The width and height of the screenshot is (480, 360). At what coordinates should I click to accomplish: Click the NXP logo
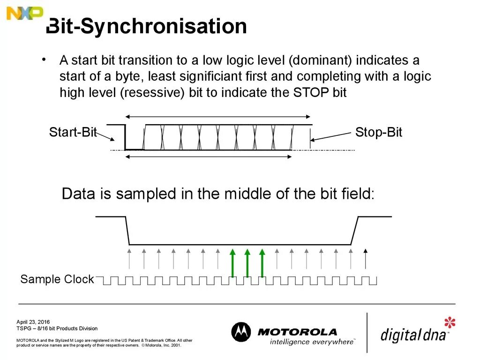coord(24,14)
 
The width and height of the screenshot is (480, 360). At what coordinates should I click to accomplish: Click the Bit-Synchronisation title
coord(147,27)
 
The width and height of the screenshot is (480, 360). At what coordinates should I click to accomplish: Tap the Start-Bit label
coord(73,133)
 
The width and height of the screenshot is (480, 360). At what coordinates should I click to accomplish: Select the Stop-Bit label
coord(378,132)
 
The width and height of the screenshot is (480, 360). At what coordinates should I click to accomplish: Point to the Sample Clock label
coord(57,280)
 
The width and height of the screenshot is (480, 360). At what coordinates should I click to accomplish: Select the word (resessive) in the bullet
coord(153,93)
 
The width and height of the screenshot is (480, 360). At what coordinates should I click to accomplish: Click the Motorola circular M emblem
coord(241,332)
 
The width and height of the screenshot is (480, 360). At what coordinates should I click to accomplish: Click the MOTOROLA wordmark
coord(297,332)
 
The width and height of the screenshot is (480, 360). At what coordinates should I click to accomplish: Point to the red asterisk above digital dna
coord(450,323)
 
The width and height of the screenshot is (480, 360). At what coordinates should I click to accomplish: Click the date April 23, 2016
coord(33,322)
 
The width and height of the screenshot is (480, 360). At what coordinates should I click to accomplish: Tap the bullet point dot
coord(44,60)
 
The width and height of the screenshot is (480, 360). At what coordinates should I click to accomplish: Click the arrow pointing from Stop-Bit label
coord(330,136)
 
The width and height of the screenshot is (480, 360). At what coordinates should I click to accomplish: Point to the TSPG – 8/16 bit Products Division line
coord(57,329)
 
